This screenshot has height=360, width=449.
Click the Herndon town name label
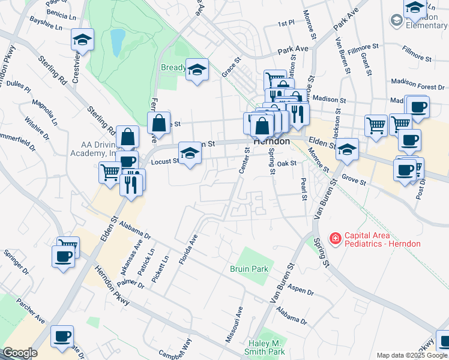point(272,142)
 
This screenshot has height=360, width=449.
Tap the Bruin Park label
point(249,269)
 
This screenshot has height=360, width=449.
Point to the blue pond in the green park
point(117,42)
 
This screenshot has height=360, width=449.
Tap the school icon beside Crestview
point(82,40)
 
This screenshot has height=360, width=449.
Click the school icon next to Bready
point(196,70)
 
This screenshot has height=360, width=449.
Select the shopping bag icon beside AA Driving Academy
point(128,137)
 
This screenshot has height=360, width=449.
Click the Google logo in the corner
point(19,353)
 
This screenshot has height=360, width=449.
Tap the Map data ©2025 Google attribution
point(411,355)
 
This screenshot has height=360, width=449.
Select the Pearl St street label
point(303,189)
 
